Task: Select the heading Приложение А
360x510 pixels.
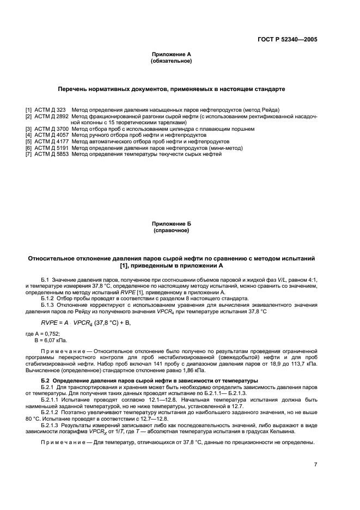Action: click(171, 55)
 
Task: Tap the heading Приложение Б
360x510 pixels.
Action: click(171, 224)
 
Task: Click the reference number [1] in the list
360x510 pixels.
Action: click(29, 110)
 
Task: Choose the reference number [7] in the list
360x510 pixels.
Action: click(29, 154)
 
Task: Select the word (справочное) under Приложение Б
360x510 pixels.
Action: click(171, 230)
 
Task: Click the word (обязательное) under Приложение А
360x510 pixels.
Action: click(171, 62)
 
